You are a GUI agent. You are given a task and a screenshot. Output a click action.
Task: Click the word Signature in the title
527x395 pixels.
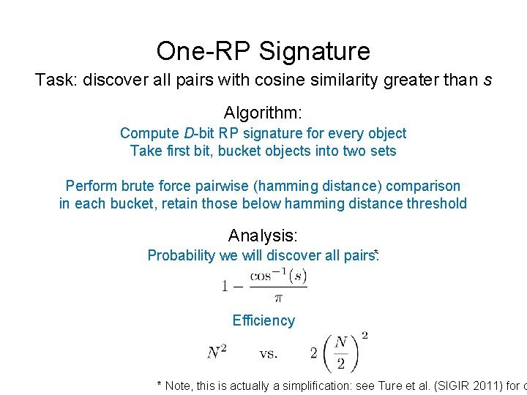[315, 52]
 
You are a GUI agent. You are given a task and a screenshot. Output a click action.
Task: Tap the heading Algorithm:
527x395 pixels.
[263, 113]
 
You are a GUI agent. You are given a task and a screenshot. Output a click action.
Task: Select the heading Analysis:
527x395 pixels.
[263, 236]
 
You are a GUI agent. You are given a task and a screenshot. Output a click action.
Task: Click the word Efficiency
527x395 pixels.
[263, 320]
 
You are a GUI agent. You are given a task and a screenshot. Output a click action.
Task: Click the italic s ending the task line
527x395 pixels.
[487, 80]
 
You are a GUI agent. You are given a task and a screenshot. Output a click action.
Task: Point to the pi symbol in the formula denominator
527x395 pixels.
[278, 298]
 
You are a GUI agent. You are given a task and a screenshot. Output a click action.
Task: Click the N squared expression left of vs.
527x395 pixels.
[217, 353]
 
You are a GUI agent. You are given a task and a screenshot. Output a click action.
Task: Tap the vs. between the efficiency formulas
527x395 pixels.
[268, 353]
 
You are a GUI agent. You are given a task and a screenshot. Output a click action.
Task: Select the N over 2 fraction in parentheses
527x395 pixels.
[340, 353]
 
